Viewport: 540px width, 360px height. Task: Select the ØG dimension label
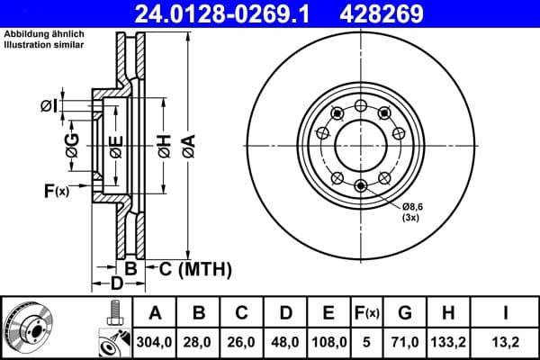(x=72, y=141)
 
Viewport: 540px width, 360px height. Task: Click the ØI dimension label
(x=49, y=107)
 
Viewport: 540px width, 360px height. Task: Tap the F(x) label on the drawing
(x=56, y=190)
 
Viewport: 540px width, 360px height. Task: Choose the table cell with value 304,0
(x=155, y=342)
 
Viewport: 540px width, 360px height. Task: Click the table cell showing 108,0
(x=328, y=342)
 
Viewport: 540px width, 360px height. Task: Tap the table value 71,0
(x=405, y=342)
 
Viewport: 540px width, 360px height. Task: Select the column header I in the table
(x=506, y=313)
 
